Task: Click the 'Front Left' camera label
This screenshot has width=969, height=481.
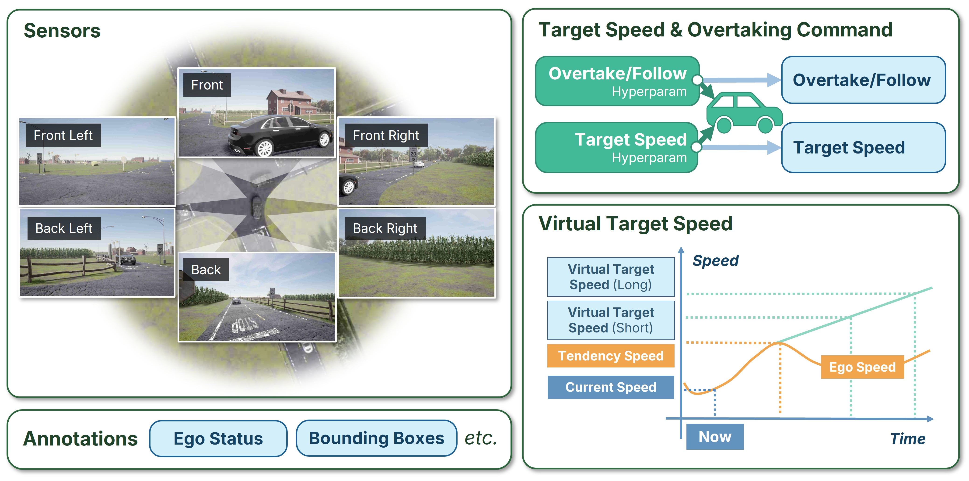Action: click(x=63, y=135)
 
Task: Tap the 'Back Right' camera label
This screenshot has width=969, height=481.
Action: click(x=385, y=228)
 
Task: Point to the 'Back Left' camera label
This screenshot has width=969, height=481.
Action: click(x=64, y=228)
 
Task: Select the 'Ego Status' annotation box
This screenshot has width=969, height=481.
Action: click(x=218, y=438)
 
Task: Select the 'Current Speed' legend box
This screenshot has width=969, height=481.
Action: click(x=611, y=387)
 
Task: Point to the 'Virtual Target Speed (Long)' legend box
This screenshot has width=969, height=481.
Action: click(x=611, y=277)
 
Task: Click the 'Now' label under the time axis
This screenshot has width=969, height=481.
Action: click(x=715, y=437)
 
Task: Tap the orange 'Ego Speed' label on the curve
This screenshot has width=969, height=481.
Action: click(x=862, y=367)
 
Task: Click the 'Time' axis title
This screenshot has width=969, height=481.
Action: click(x=907, y=439)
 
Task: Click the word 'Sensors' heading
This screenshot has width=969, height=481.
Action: click(x=62, y=31)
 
